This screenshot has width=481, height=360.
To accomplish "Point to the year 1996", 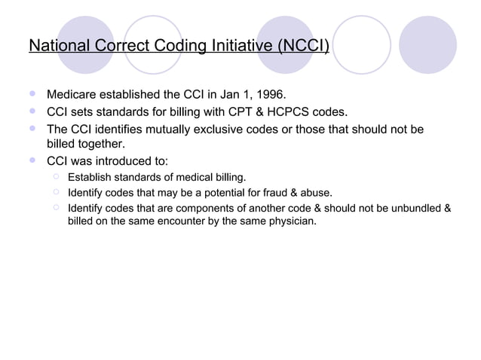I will (x=270, y=96).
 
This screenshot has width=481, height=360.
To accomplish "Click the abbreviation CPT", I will (x=234, y=113).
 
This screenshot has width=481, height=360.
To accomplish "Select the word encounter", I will (x=172, y=222).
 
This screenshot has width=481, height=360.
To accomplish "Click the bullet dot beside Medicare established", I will (x=32, y=95).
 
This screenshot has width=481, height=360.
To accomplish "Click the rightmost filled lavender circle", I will (x=427, y=44).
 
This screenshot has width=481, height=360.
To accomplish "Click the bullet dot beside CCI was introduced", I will (x=32, y=160).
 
